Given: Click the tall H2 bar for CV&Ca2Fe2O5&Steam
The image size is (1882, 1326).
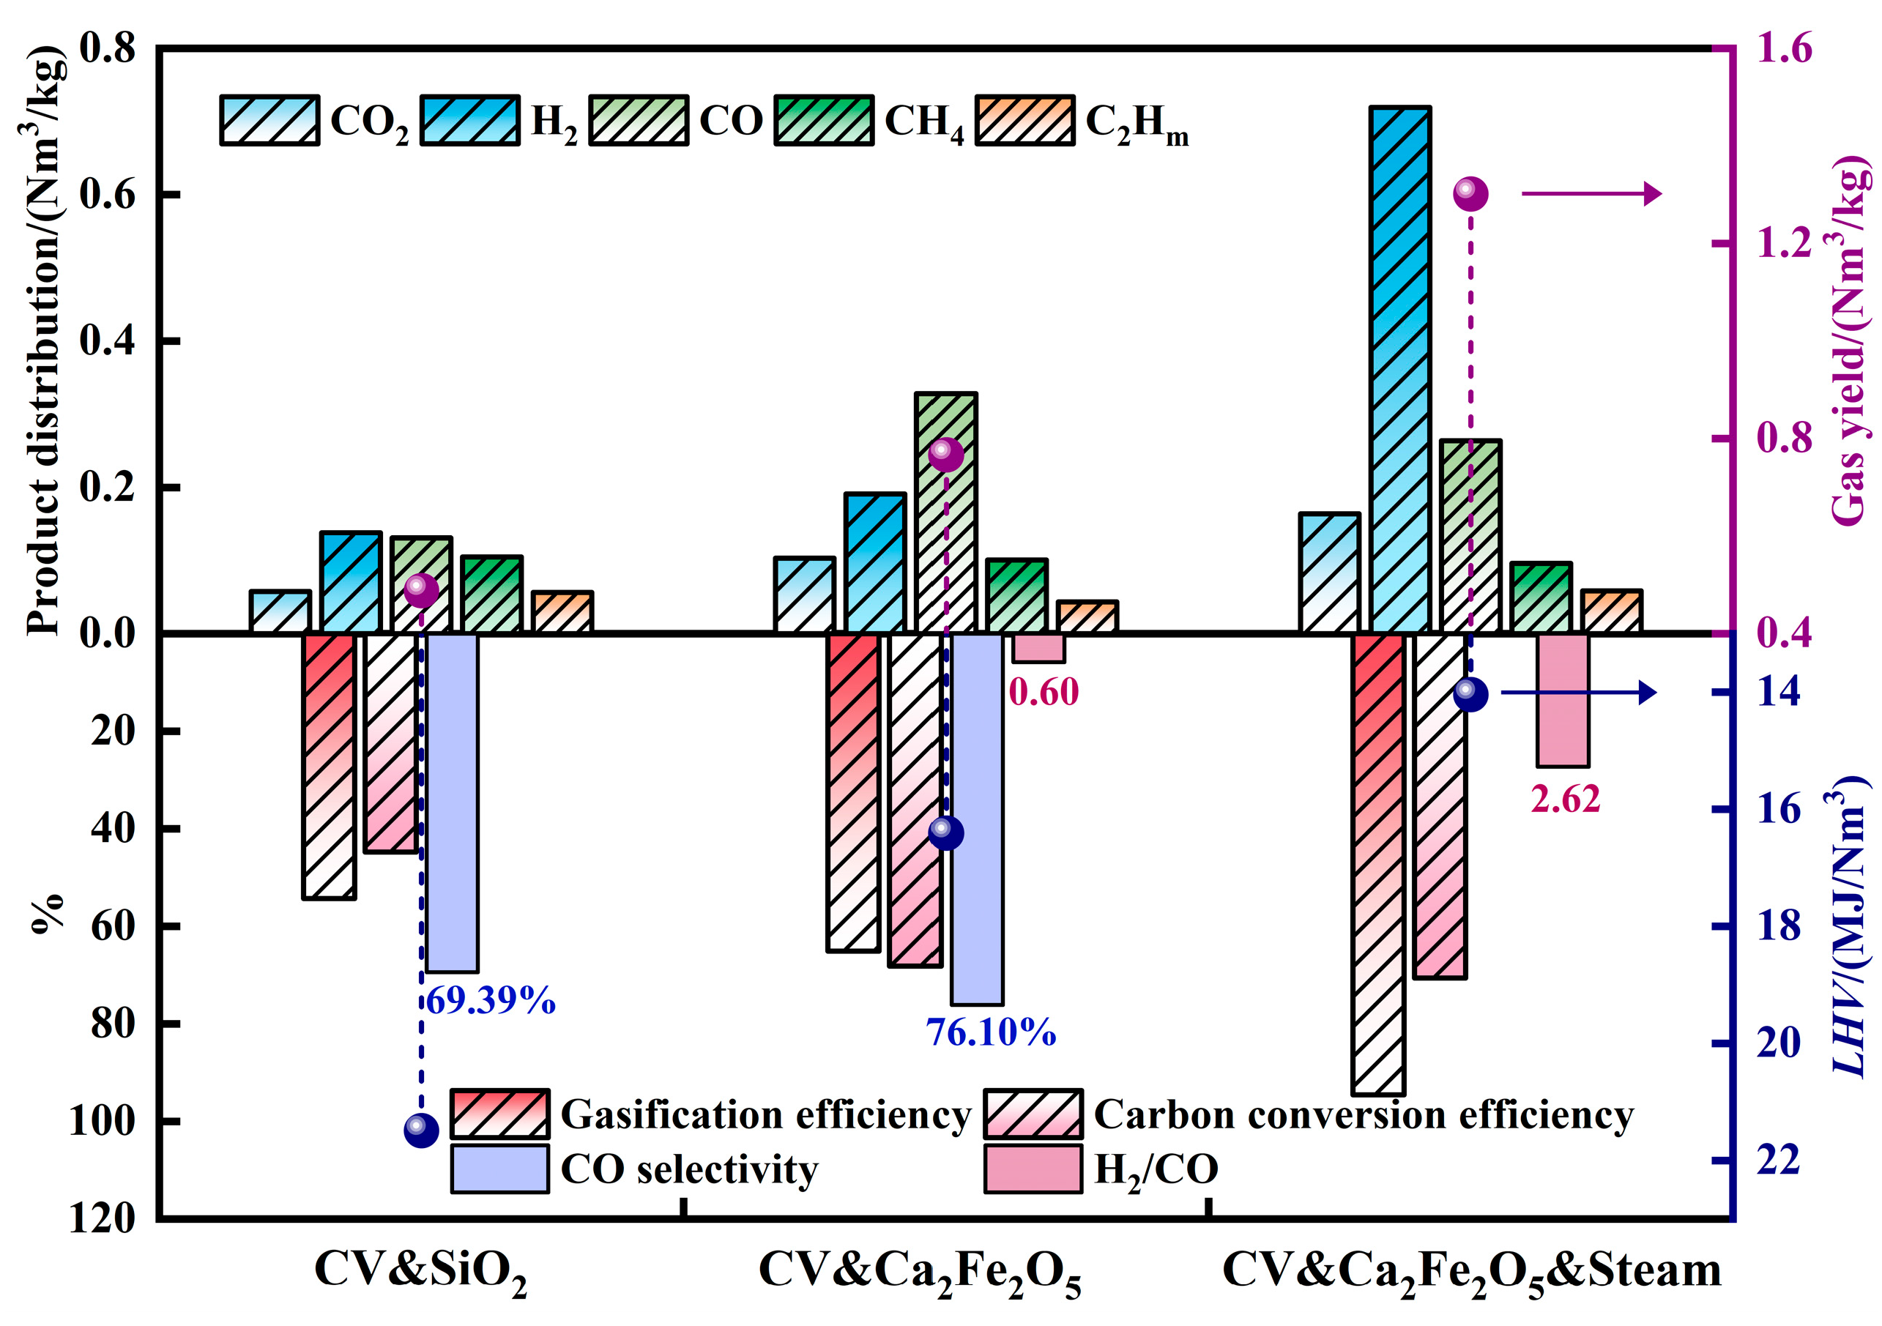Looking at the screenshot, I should tap(1400, 369).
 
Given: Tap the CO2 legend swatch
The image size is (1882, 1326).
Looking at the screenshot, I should tap(269, 121).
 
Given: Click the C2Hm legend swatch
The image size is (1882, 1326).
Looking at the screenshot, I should tap(1024, 121).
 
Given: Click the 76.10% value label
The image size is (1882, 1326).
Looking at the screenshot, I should tap(991, 1032).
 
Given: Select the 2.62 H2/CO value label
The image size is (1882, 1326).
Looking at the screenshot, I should tap(1565, 799).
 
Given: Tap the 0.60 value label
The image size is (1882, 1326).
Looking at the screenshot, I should tap(1044, 693).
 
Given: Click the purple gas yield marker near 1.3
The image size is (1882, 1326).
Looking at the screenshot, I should tap(1470, 194).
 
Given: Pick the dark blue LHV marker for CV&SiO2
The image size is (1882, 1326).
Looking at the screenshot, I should tap(421, 1130).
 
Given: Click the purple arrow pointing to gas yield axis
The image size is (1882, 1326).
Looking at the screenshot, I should tap(1591, 194).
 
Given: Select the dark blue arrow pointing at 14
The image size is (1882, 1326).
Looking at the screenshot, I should tap(1578, 693).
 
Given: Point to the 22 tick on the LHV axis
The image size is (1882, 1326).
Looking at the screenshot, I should tap(1779, 1160).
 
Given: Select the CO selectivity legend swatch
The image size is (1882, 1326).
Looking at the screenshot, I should tap(500, 1169).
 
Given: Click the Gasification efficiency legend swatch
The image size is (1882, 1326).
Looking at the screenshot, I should tap(500, 1114).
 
